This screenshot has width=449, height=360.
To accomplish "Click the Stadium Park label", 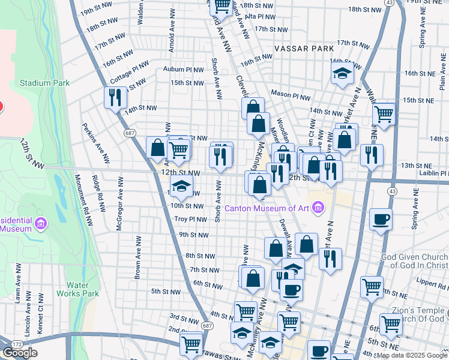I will [44, 83].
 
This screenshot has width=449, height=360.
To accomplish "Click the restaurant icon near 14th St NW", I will [115, 97].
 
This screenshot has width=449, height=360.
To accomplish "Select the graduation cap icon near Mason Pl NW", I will [342, 74].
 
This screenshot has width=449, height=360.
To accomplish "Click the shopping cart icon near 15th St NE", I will [383, 113].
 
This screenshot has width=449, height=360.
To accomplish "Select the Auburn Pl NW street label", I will [187, 69].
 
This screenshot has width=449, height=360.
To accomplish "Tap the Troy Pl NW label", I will [190, 220].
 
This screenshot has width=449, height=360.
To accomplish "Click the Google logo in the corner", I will [20, 353].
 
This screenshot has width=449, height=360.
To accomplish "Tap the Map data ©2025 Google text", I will [412, 355].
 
